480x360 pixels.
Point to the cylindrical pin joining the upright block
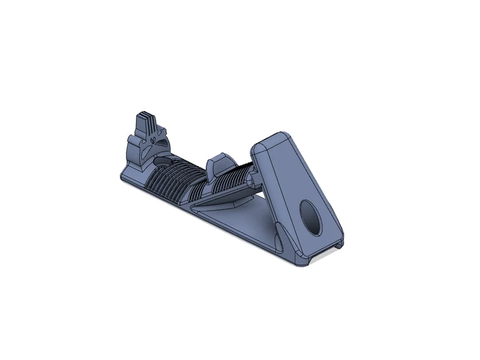click(251, 181)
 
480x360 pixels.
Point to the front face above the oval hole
click(300, 173)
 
